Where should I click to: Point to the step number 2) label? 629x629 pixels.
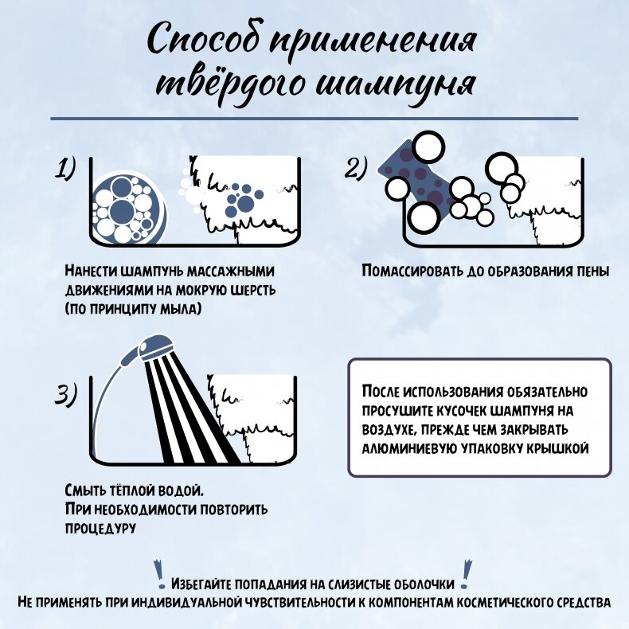[356, 169]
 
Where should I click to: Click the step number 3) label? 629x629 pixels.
[66, 394]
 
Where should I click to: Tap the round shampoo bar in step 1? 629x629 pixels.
[127, 208]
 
